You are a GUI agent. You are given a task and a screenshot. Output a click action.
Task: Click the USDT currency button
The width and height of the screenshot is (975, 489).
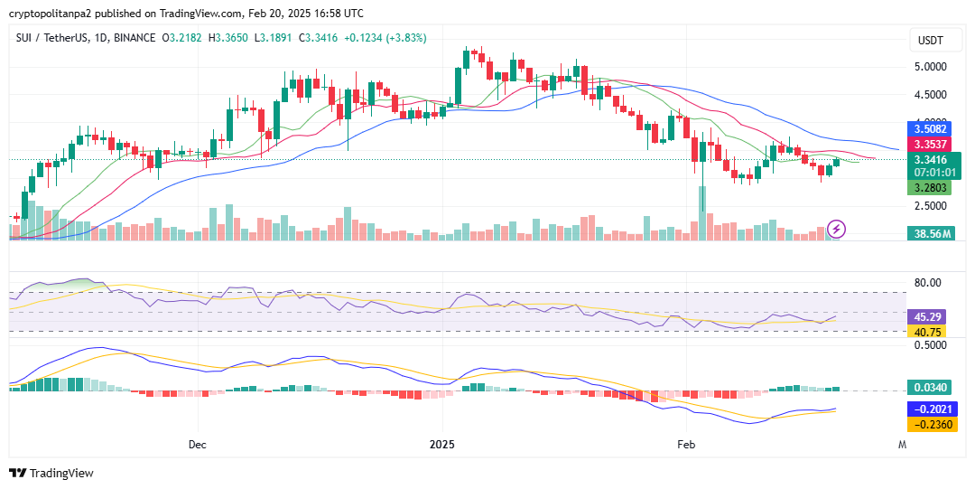930,42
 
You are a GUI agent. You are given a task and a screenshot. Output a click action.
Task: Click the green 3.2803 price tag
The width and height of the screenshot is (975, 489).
927,188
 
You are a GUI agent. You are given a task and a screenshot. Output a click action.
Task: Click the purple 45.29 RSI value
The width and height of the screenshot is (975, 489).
927,317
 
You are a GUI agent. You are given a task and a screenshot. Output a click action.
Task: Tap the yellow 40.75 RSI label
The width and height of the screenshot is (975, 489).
927,332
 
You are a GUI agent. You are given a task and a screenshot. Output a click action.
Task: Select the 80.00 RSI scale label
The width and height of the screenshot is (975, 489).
927,283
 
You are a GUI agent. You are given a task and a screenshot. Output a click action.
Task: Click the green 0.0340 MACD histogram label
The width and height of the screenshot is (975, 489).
929,388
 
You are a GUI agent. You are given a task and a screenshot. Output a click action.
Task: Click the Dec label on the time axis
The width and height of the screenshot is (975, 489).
198,445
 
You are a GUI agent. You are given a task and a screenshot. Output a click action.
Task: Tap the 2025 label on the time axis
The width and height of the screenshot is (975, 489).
442,445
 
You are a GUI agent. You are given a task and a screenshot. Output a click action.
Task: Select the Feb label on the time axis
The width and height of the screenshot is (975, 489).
687,445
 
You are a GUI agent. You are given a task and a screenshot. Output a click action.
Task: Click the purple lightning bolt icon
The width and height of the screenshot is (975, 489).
837,229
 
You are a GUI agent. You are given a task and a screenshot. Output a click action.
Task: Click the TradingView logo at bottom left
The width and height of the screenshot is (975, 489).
51,473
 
